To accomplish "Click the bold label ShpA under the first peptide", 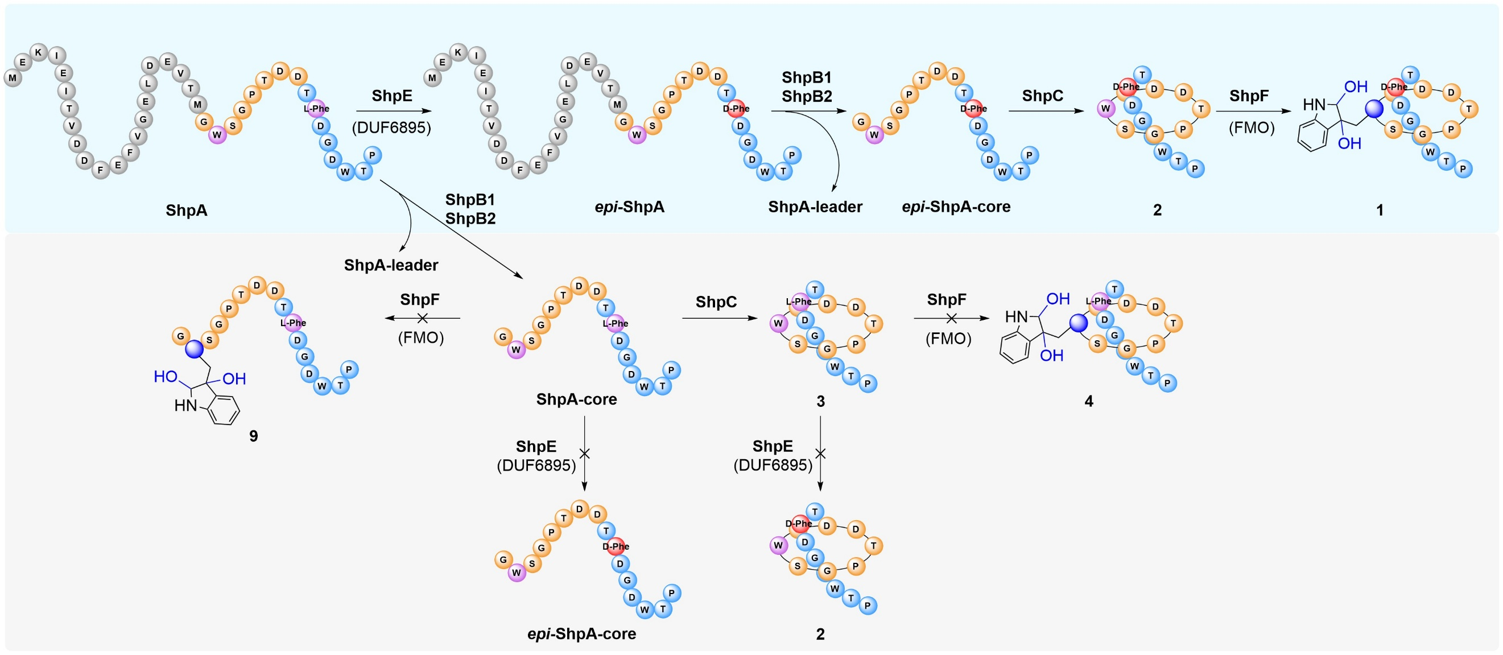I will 186,210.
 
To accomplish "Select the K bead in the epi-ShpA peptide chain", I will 458,52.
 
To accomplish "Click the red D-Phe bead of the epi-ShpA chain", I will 736,109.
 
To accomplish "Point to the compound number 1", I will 1380,210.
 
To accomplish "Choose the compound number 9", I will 253,436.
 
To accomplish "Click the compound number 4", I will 1088,401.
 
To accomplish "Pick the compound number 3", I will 820,402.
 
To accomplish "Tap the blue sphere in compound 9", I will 195,349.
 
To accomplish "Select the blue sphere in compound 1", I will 1374,109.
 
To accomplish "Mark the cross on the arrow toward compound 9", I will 423,318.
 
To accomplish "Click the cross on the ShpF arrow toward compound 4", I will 951,318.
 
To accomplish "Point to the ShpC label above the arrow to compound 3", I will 716,302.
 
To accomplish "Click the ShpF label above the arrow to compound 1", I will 1249,96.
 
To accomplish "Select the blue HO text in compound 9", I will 165,377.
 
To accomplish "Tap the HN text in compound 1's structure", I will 1314,105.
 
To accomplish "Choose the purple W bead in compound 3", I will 778,323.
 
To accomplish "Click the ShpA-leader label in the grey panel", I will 391,265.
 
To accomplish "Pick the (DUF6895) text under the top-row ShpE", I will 391,127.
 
